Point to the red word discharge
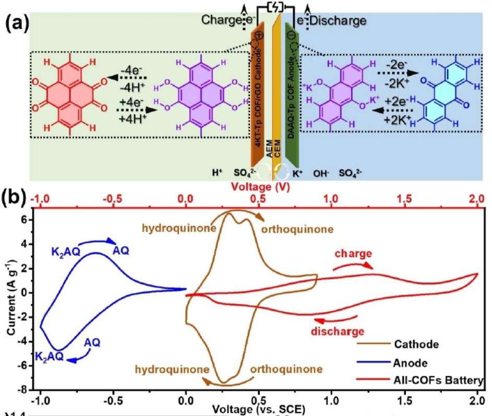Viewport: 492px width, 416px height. [337, 331]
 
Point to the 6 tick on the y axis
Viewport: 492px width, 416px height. [25, 220]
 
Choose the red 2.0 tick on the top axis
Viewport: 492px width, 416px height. [476, 199]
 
